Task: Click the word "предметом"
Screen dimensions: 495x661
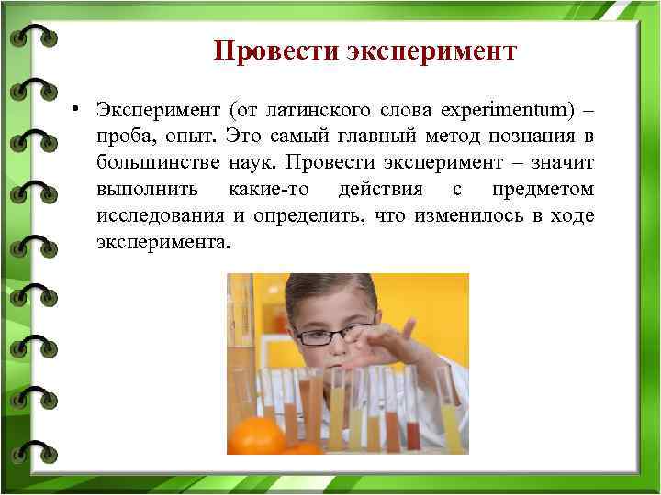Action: [543, 190]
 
